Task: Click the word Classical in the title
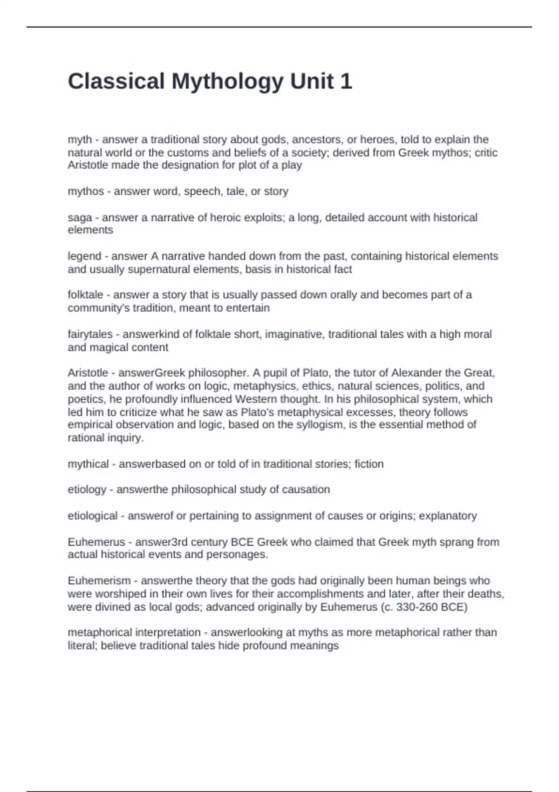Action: coord(116,82)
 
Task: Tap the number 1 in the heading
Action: coord(346,82)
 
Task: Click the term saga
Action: coord(80,218)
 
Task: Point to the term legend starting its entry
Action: coord(84,256)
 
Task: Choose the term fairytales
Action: coord(90,335)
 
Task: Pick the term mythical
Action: coord(88,464)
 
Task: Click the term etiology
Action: coord(87,490)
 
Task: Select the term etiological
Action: coord(93,516)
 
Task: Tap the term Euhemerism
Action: coord(99,581)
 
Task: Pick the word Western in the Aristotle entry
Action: coord(255,399)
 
